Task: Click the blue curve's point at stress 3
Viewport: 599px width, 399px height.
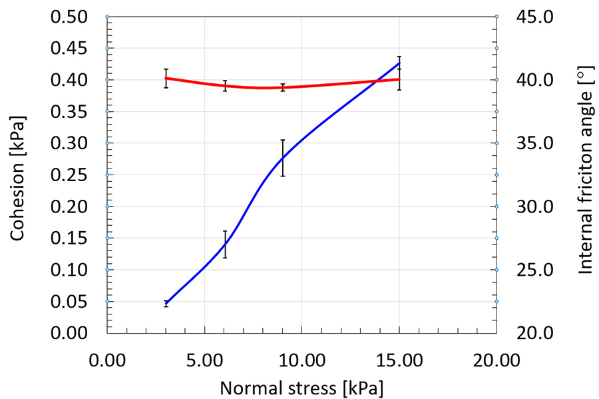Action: (166, 303)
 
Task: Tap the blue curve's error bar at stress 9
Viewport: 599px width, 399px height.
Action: (283, 158)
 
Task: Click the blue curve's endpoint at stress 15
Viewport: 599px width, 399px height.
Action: (399, 63)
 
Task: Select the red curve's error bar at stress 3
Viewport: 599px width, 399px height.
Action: (166, 78)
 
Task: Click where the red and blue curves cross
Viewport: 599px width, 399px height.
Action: (377, 81)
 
